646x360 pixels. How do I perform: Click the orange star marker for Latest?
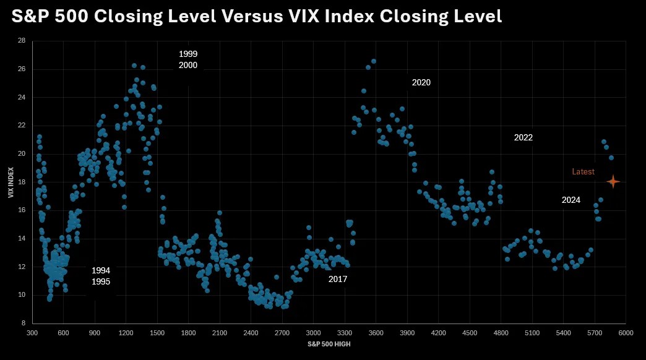coord(613,181)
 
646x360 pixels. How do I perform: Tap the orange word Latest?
coord(583,172)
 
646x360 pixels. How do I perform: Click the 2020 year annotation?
coord(421,82)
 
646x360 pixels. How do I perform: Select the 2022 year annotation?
coord(523,138)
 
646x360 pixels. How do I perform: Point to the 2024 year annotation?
coord(571,200)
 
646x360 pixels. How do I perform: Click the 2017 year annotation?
coord(338,279)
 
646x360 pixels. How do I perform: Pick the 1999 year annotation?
coord(188,54)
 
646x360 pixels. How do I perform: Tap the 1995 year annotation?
coord(101,281)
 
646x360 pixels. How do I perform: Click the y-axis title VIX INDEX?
coord(11,182)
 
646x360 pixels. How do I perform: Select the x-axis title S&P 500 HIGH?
coord(329,344)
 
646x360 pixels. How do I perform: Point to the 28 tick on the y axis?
coord(22,41)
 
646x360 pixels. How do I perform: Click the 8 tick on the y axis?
coord(24,323)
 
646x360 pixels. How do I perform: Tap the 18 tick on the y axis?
coord(22,182)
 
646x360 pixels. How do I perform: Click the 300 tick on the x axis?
coord(32,333)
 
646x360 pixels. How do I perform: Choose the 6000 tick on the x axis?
coord(626,333)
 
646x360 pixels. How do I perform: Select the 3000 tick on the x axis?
coord(313,333)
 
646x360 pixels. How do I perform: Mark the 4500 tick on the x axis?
coord(469,333)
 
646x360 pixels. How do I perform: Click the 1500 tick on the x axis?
coord(157,333)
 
